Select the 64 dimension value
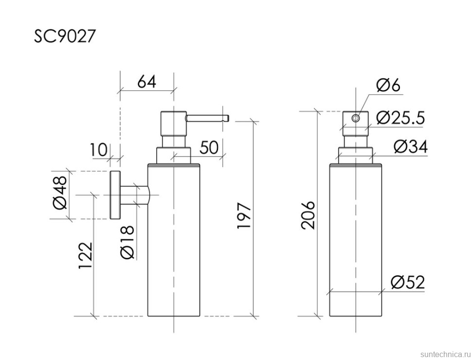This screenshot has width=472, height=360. click(x=146, y=81)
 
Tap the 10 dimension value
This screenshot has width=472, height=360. click(x=99, y=150)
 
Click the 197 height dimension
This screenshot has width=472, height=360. click(x=245, y=216)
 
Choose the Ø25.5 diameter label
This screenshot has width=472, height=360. click(x=401, y=117)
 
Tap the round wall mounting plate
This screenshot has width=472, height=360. click(x=115, y=195)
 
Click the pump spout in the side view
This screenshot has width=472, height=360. click(x=207, y=117)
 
